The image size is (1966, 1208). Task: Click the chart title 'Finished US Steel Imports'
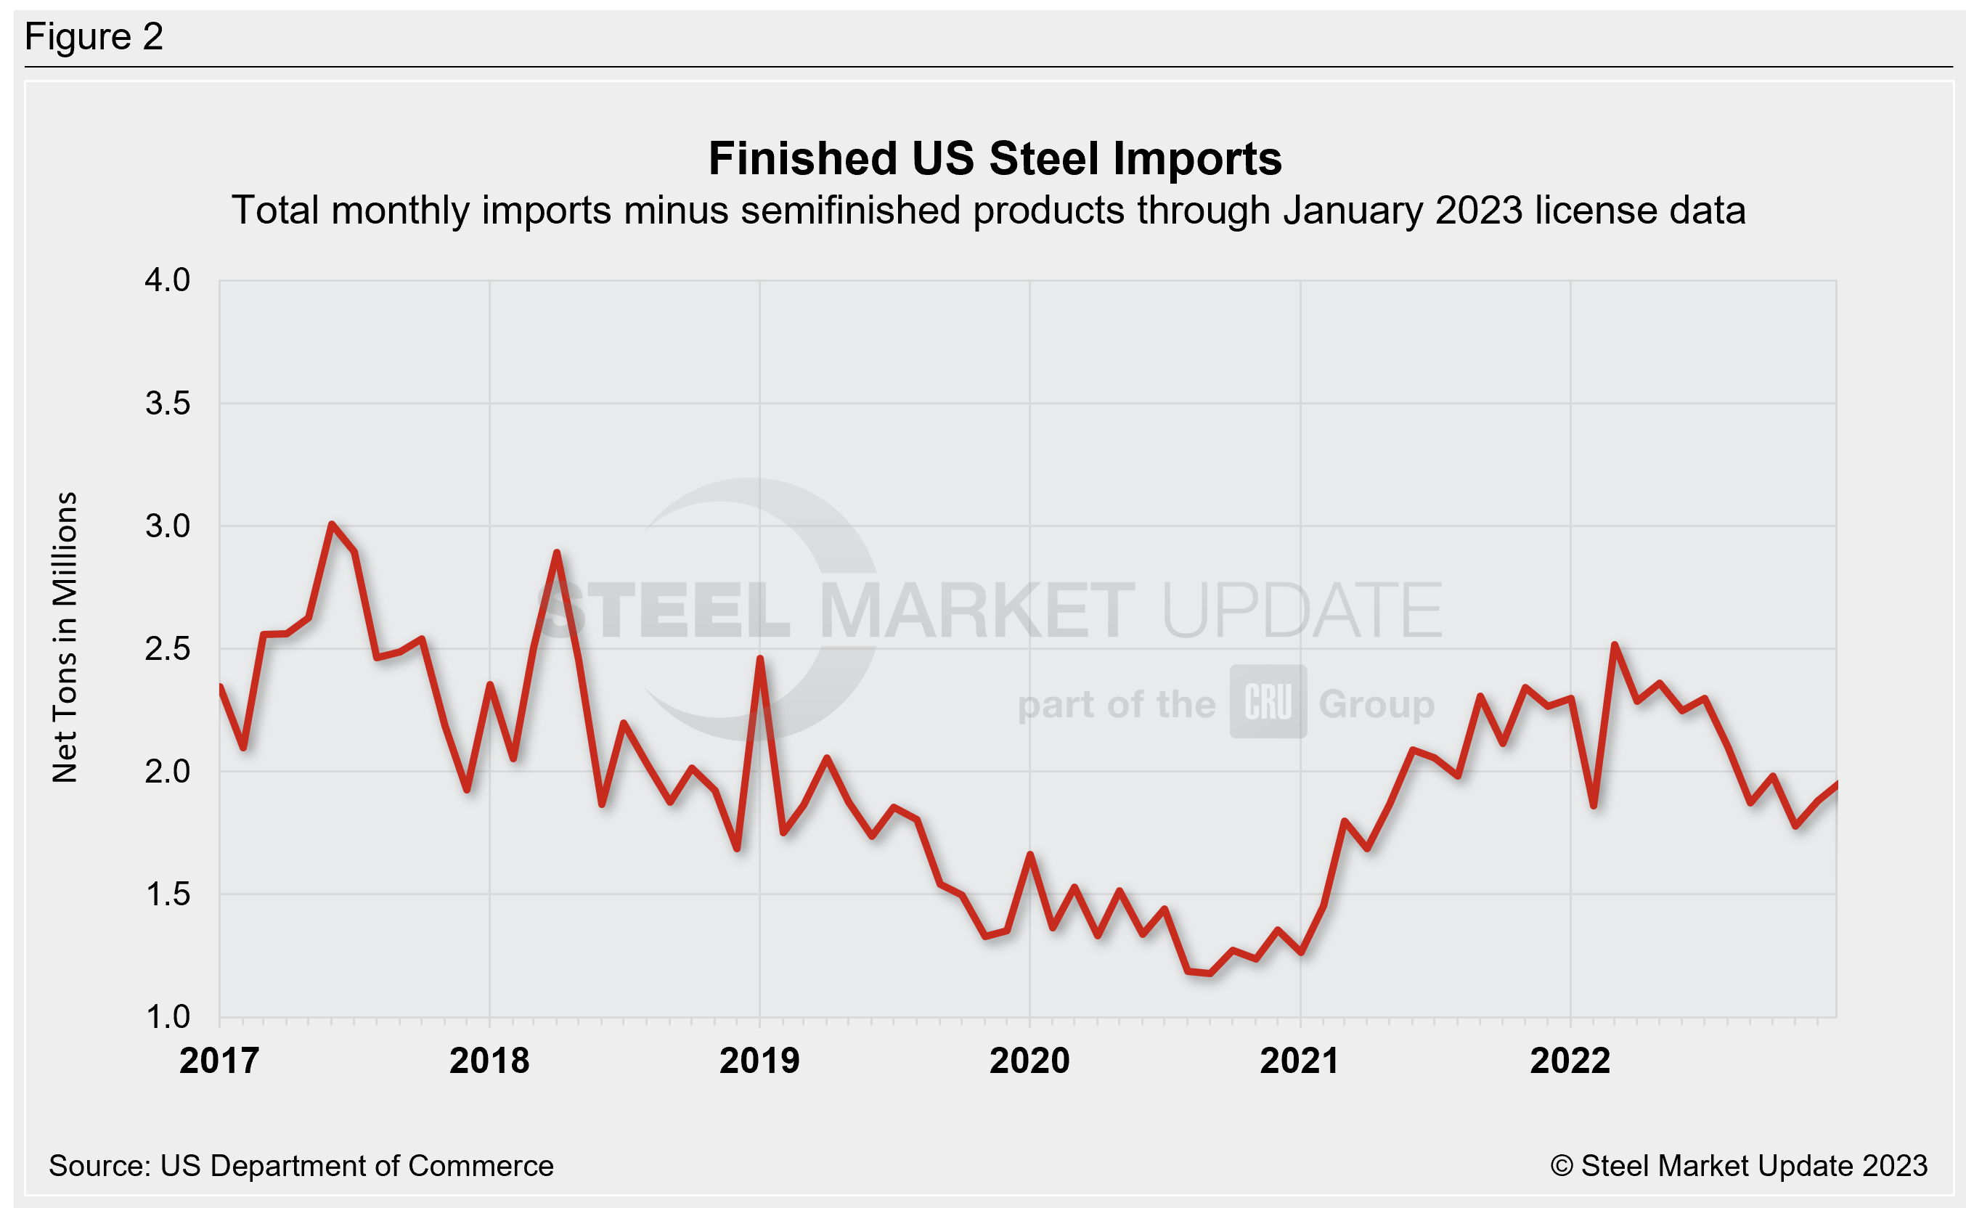[x=995, y=158]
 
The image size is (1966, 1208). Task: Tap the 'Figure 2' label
[x=94, y=37]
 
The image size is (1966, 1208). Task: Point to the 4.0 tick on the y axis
[x=167, y=280]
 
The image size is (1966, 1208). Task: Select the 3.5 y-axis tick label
[x=167, y=404]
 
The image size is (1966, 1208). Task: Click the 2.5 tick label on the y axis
[x=167, y=649]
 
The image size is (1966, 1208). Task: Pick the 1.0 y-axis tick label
[x=167, y=1017]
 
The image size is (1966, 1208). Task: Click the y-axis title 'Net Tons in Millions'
[x=65, y=637]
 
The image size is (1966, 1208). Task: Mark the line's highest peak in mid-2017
[x=332, y=524]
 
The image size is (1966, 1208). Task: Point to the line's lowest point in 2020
[x=1210, y=973]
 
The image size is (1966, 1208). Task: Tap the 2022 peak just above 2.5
[x=1615, y=645]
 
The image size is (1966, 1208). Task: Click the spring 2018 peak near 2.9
[x=557, y=553]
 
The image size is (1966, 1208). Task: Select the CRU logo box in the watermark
[x=1268, y=701]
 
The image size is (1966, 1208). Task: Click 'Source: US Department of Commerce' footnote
[x=301, y=1166]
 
